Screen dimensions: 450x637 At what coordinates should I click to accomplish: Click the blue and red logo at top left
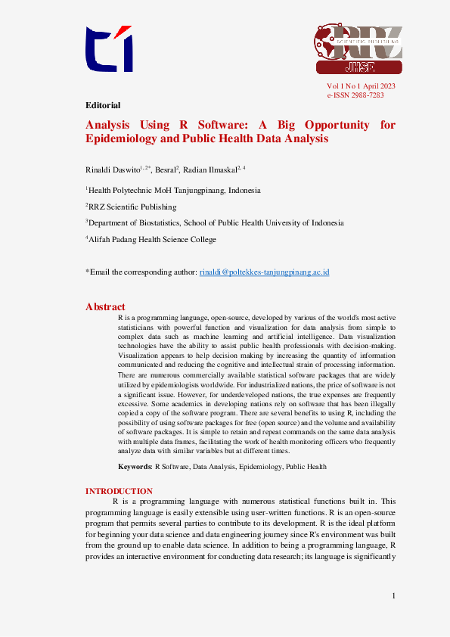(109, 50)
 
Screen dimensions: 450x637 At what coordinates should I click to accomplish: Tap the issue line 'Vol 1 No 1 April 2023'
(361, 86)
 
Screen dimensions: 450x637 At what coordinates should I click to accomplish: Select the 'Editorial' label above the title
(103, 105)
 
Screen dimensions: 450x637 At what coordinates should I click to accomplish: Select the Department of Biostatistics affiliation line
(216, 222)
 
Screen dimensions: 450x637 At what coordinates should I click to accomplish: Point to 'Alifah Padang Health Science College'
(153, 239)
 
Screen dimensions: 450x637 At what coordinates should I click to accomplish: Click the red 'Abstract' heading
(105, 306)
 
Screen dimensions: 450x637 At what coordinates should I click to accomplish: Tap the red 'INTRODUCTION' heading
(119, 491)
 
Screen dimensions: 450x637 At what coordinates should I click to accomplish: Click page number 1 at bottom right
(394, 597)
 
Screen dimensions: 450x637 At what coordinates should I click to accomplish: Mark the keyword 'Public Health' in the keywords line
(306, 467)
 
